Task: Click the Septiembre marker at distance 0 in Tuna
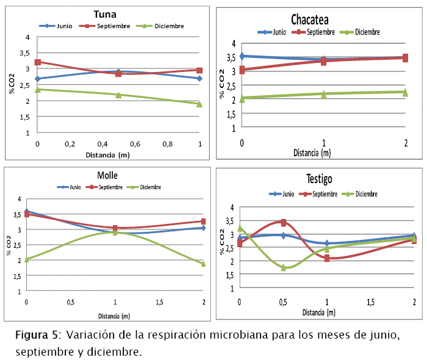(x=38, y=62)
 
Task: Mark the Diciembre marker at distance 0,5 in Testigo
(x=284, y=267)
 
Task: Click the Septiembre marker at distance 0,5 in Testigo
(x=284, y=223)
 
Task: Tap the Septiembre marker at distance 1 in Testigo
(x=327, y=258)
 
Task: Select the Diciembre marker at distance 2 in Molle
(x=203, y=264)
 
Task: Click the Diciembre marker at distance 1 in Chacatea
(x=323, y=94)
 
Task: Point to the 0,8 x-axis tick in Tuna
(x=167, y=143)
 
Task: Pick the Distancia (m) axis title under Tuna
(x=118, y=155)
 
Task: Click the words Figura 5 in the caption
(x=36, y=336)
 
